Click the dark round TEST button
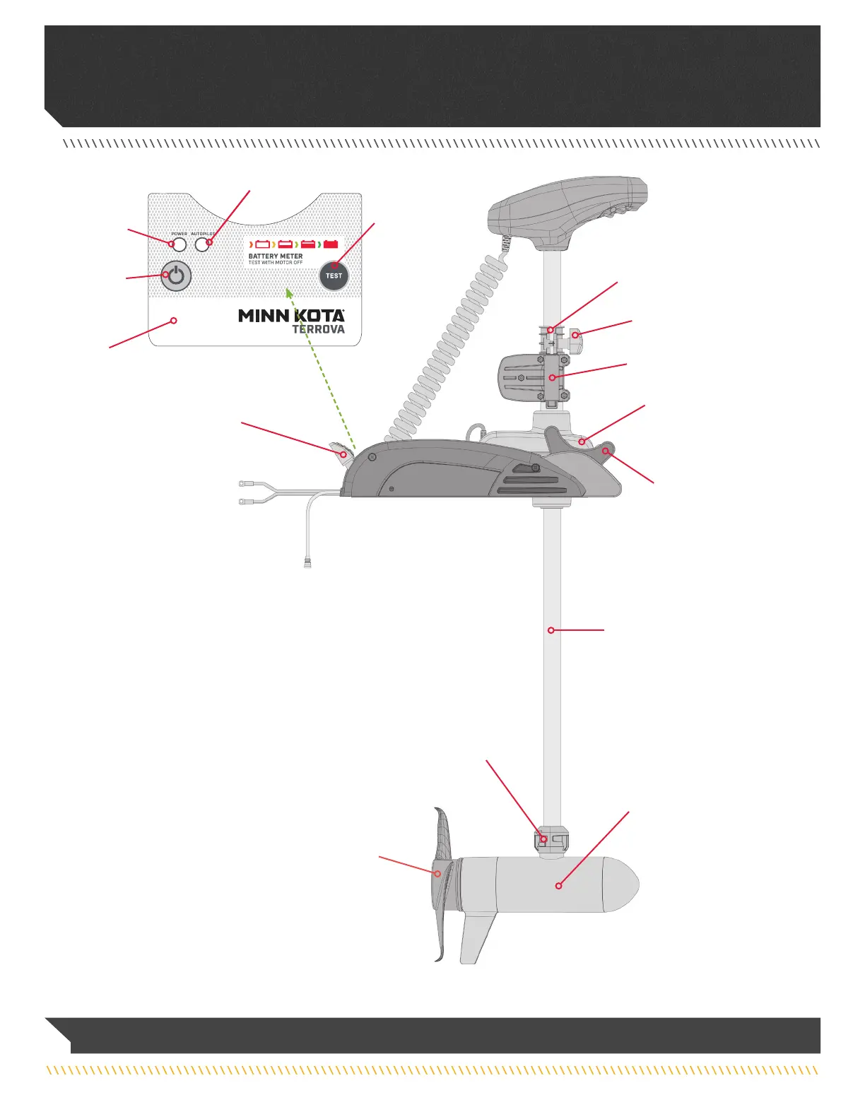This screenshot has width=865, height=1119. tap(334, 276)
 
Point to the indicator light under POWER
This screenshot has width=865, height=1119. tap(180, 245)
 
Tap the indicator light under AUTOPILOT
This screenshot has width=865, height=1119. tap(202, 245)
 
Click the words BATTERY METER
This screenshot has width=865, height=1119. tap(276, 256)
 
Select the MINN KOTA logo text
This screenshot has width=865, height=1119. tap(291, 316)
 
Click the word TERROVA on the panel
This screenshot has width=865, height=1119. tap(319, 329)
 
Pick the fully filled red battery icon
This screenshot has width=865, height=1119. tap(331, 244)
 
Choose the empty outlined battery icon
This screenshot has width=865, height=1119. tap(262, 244)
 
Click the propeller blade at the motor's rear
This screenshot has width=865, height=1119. tap(442, 841)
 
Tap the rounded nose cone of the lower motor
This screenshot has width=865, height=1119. tap(625, 884)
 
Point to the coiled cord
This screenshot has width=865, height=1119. tap(452, 339)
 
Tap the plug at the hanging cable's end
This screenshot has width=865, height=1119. tap(308, 564)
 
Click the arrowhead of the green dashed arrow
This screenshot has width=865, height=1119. tap(288, 291)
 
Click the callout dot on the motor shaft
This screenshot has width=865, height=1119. tap(551, 629)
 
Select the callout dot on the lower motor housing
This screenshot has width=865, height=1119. tap(558, 885)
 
